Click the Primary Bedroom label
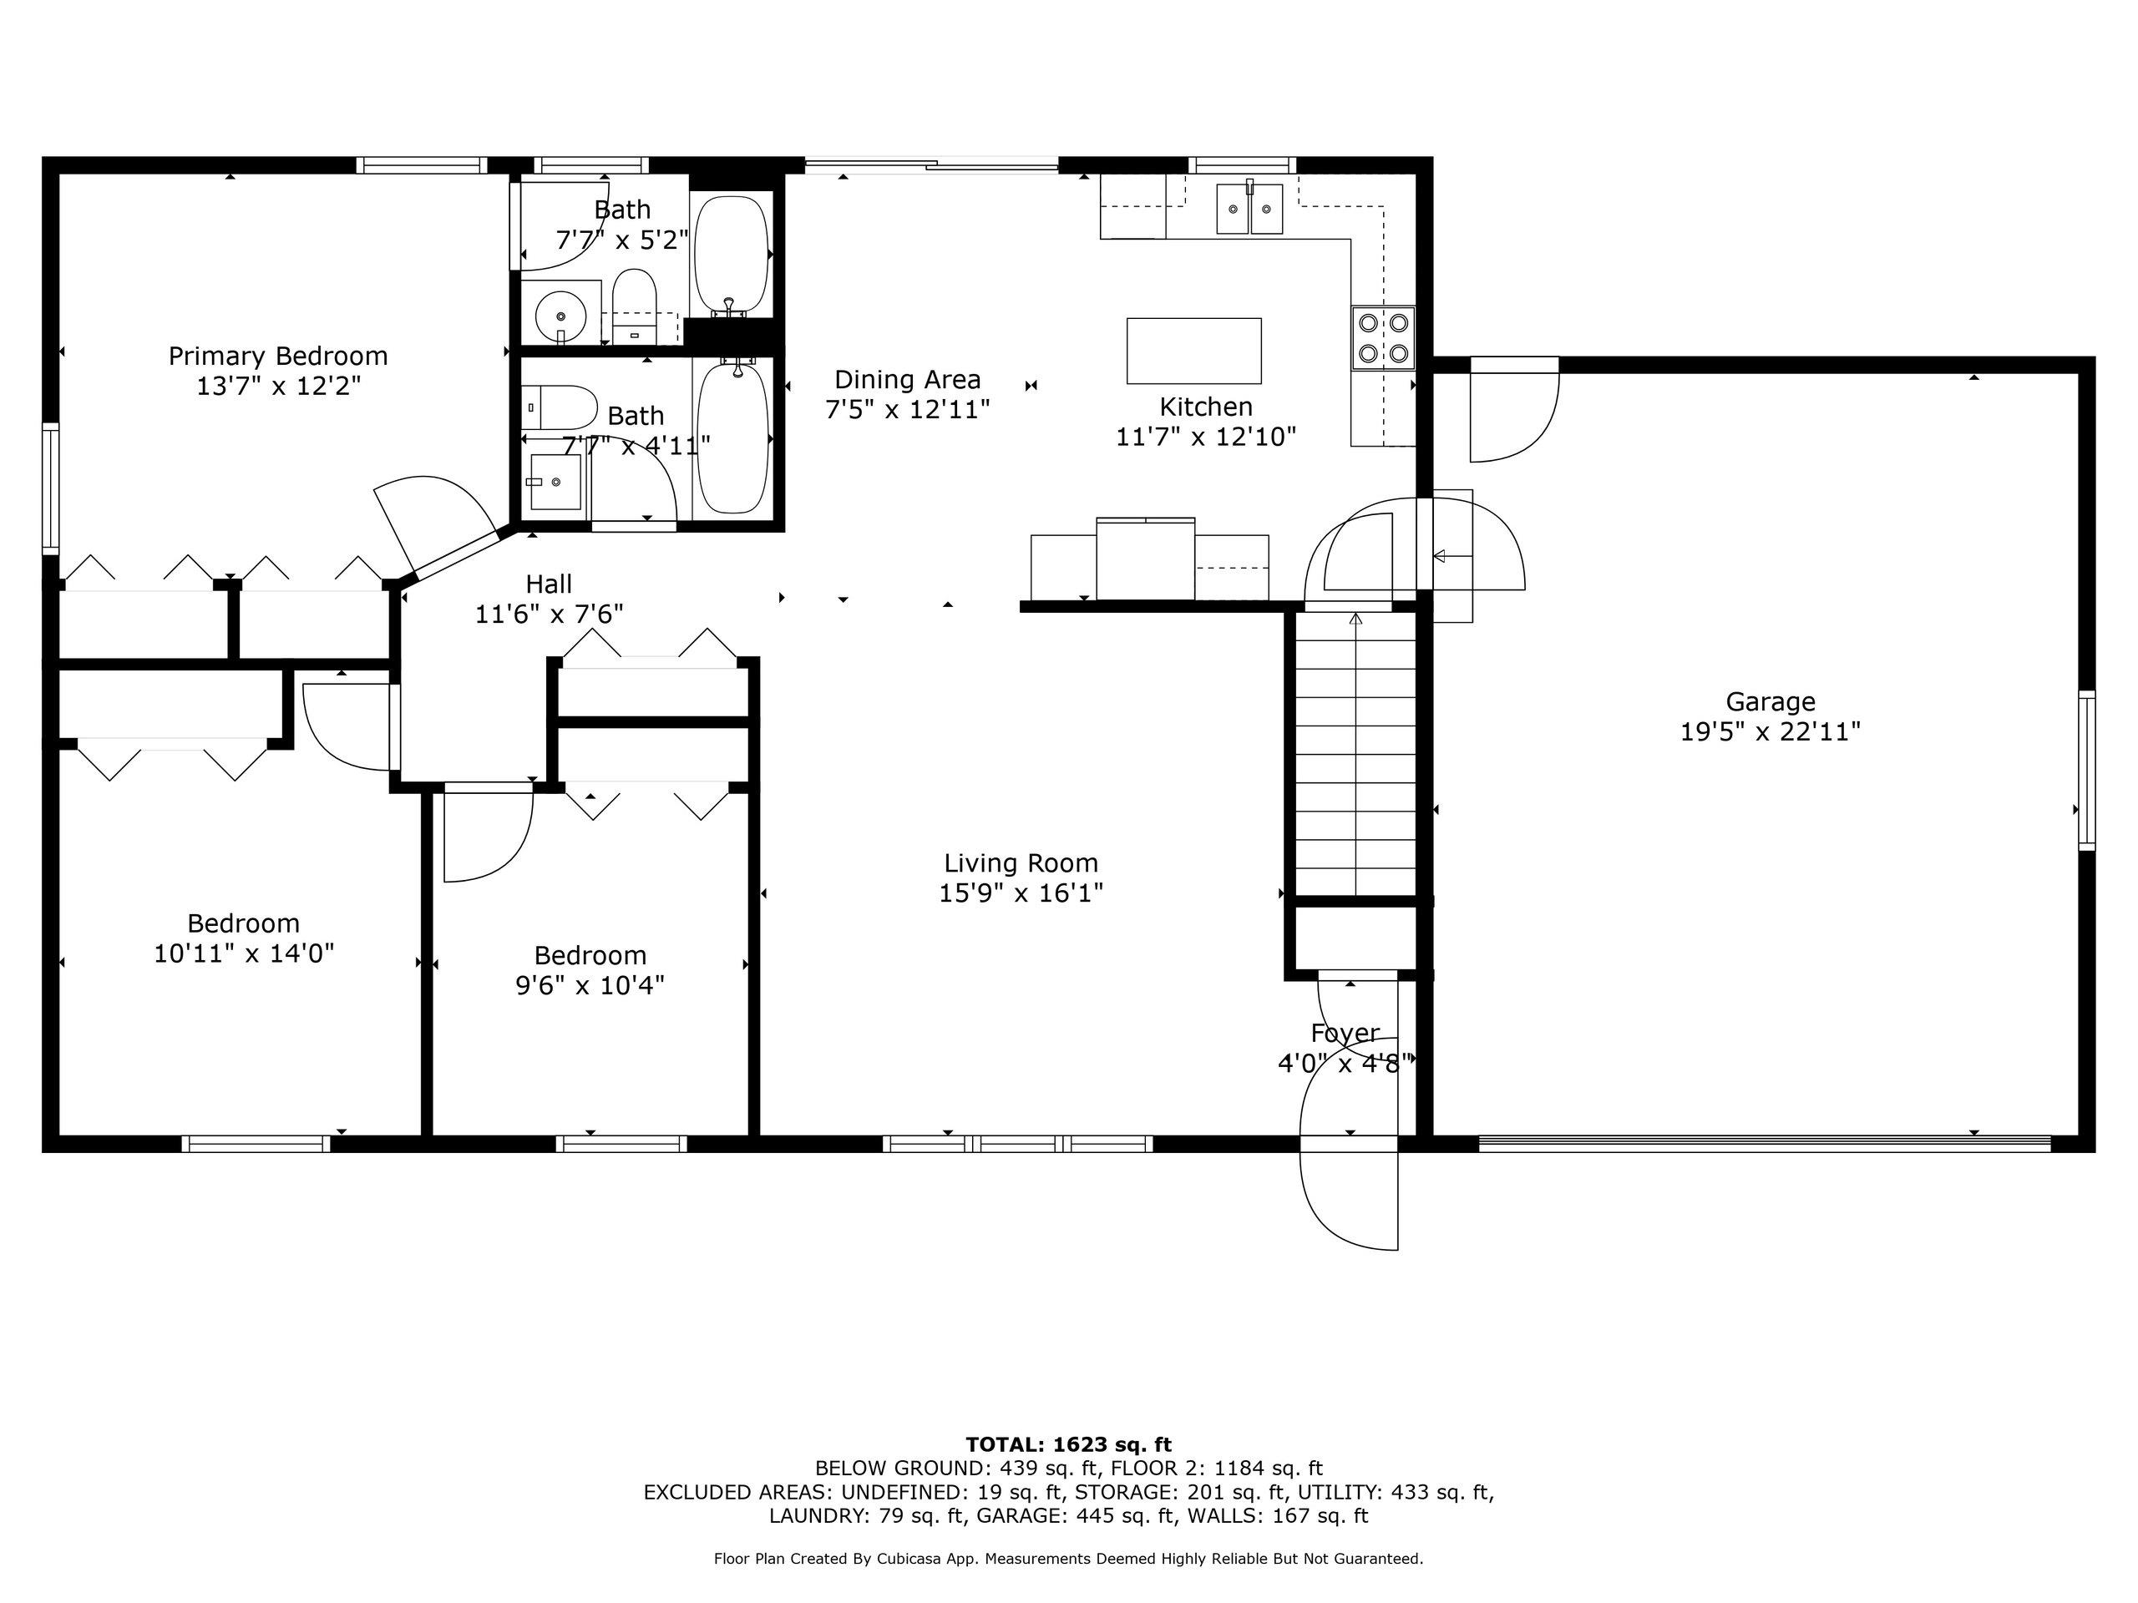click(278, 356)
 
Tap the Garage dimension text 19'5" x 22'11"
click(1771, 731)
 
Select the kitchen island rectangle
click(1193, 351)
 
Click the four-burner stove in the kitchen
click(1383, 337)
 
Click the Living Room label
click(1021, 862)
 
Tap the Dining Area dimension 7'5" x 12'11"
click(908, 410)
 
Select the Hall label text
click(549, 584)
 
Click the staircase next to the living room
click(1355, 754)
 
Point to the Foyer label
click(1345, 1033)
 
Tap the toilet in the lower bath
click(560, 407)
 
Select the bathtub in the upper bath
click(732, 255)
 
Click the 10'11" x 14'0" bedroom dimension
click(245, 953)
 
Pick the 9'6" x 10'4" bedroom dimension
click(590, 985)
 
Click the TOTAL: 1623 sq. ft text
click(1069, 1444)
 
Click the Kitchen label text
click(1206, 407)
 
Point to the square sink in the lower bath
click(555, 481)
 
